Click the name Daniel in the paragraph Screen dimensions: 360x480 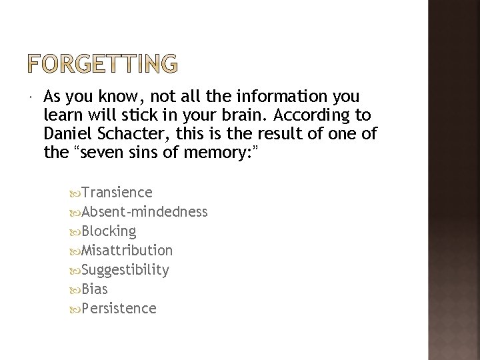click(65, 133)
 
